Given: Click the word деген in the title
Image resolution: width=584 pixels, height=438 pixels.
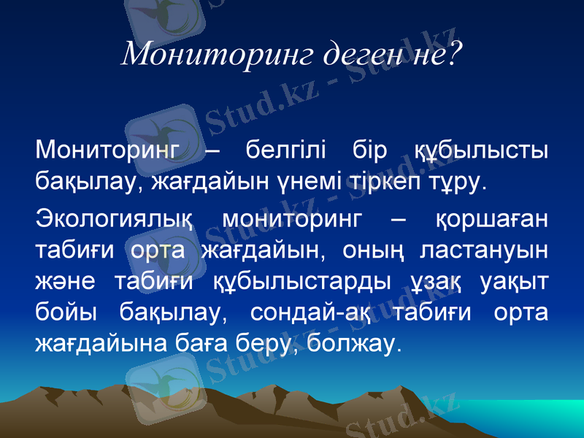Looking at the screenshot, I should (343, 53).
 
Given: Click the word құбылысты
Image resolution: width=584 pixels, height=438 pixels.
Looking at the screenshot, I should (481, 152).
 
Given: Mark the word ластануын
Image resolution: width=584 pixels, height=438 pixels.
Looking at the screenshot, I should (484, 250).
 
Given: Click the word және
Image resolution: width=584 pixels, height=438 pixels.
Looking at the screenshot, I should (68, 280).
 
